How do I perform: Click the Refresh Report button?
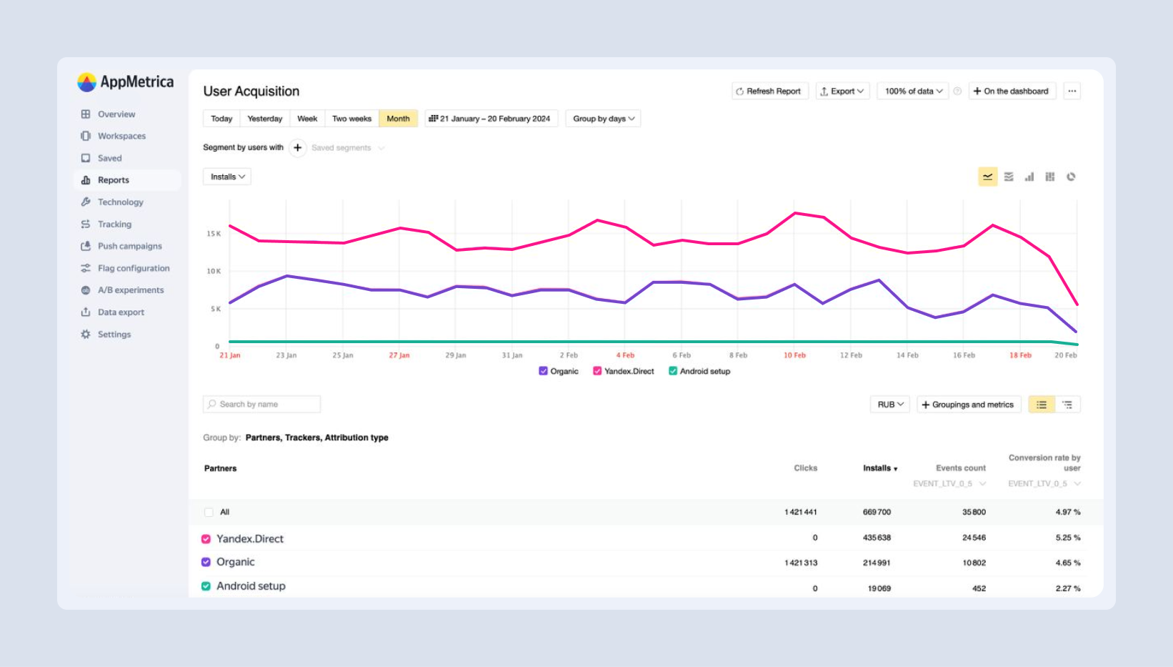click(x=769, y=92)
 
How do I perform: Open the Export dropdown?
click(x=842, y=92)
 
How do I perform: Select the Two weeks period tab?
click(x=351, y=119)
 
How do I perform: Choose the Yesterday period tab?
click(x=264, y=119)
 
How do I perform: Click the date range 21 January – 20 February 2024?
click(x=490, y=119)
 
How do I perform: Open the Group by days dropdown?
click(x=603, y=119)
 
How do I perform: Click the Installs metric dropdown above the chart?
click(x=227, y=177)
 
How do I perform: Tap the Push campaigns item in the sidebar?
click(x=129, y=246)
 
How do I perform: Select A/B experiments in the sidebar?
click(x=130, y=290)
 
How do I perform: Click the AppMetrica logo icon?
click(x=86, y=82)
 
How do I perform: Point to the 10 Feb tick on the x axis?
click(x=794, y=355)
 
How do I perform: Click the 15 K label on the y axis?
click(x=214, y=234)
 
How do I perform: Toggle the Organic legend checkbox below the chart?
click(x=544, y=371)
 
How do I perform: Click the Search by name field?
click(x=261, y=405)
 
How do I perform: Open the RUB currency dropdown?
click(x=889, y=405)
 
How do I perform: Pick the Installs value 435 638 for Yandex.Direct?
click(x=877, y=538)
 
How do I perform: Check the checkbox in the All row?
click(x=209, y=513)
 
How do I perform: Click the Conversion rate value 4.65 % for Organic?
click(x=1067, y=563)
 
